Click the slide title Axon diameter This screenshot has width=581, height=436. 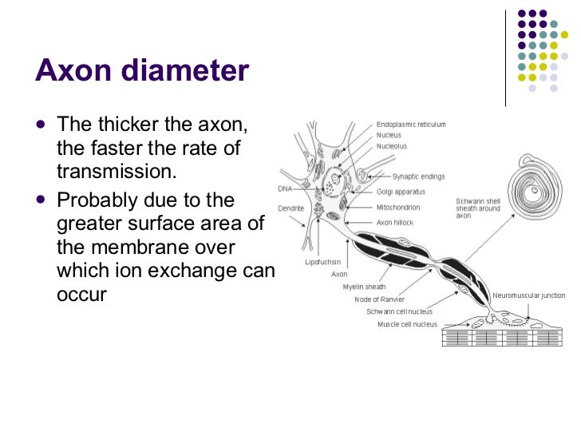click(142, 71)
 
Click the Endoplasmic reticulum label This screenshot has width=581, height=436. click(411, 125)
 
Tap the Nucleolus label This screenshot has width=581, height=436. click(391, 147)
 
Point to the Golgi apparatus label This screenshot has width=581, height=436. click(401, 192)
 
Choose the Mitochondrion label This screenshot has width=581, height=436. click(398, 207)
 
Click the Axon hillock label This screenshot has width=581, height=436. click(395, 222)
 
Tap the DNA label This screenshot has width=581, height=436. click(284, 189)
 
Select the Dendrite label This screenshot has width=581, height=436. click(290, 208)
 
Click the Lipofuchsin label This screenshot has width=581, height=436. click(323, 262)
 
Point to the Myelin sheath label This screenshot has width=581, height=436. click(364, 287)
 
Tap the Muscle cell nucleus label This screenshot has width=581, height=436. click(407, 324)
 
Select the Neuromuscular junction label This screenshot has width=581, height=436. click(529, 295)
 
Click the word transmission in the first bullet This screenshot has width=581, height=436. click(115, 172)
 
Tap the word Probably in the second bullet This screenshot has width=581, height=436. click(94, 199)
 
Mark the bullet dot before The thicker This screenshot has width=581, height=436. click(41, 125)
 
